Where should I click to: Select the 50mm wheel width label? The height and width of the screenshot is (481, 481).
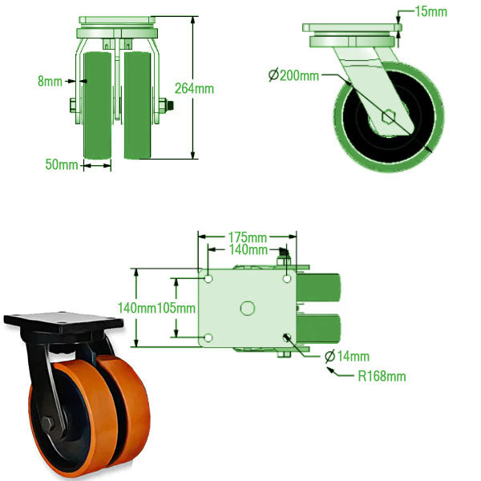pos(61,165)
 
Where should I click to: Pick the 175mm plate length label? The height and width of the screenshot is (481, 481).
pos(247,238)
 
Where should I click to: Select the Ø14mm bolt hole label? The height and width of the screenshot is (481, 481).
pos(351,356)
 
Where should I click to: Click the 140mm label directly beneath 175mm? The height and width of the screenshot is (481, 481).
pos(248,250)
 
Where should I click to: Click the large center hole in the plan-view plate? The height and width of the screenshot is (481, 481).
pos(248,308)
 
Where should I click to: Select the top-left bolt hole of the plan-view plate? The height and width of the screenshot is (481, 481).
pos(208,279)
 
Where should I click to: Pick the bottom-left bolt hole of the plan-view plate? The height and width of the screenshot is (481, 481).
pos(208,338)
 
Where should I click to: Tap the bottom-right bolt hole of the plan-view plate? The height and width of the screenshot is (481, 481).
pos(287,338)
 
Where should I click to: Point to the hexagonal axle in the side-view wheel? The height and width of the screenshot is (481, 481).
pos(388,117)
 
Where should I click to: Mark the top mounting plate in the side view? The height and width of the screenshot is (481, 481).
pos(351,29)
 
